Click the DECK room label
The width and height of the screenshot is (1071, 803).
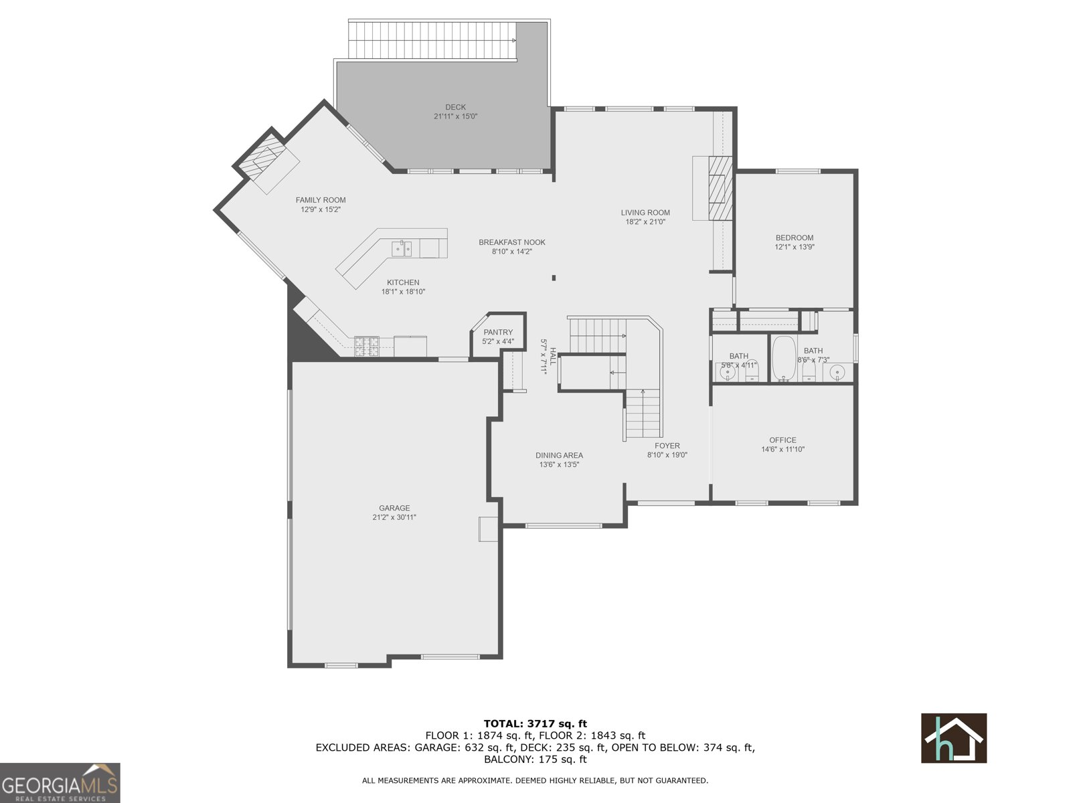point(455,107)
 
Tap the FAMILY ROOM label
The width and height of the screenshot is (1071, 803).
point(321,200)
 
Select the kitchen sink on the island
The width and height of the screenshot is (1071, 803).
point(402,250)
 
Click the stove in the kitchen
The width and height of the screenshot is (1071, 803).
point(366,346)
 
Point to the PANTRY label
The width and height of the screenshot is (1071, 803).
point(498,333)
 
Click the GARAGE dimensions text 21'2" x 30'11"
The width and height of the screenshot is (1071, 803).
point(394,517)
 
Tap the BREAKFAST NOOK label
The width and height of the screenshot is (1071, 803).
point(512,242)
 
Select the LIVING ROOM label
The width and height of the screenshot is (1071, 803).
point(645,213)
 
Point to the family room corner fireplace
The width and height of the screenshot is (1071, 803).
point(266,162)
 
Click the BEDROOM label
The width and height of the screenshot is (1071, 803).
point(795,238)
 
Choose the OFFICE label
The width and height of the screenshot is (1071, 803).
point(782,440)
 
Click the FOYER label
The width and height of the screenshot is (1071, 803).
point(667,446)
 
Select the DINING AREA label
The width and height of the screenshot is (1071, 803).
point(559,456)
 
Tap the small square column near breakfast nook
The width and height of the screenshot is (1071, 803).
point(554,278)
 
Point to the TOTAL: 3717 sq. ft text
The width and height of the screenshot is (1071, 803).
point(535,723)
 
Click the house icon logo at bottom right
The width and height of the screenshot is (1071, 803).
point(954,738)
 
